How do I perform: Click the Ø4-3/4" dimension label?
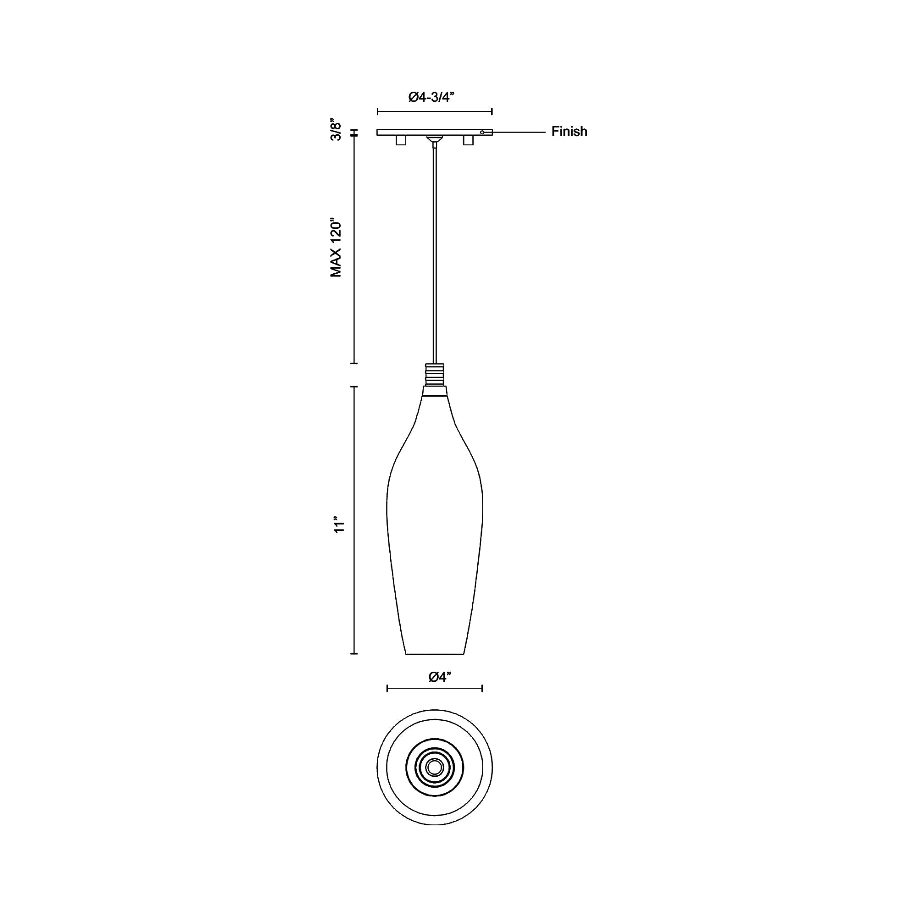click(x=431, y=97)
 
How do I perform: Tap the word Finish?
click(x=569, y=132)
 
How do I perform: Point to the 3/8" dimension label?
click(x=336, y=132)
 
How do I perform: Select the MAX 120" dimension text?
click(x=336, y=248)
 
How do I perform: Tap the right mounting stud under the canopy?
click(x=468, y=140)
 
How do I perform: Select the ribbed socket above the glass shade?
click(x=434, y=375)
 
